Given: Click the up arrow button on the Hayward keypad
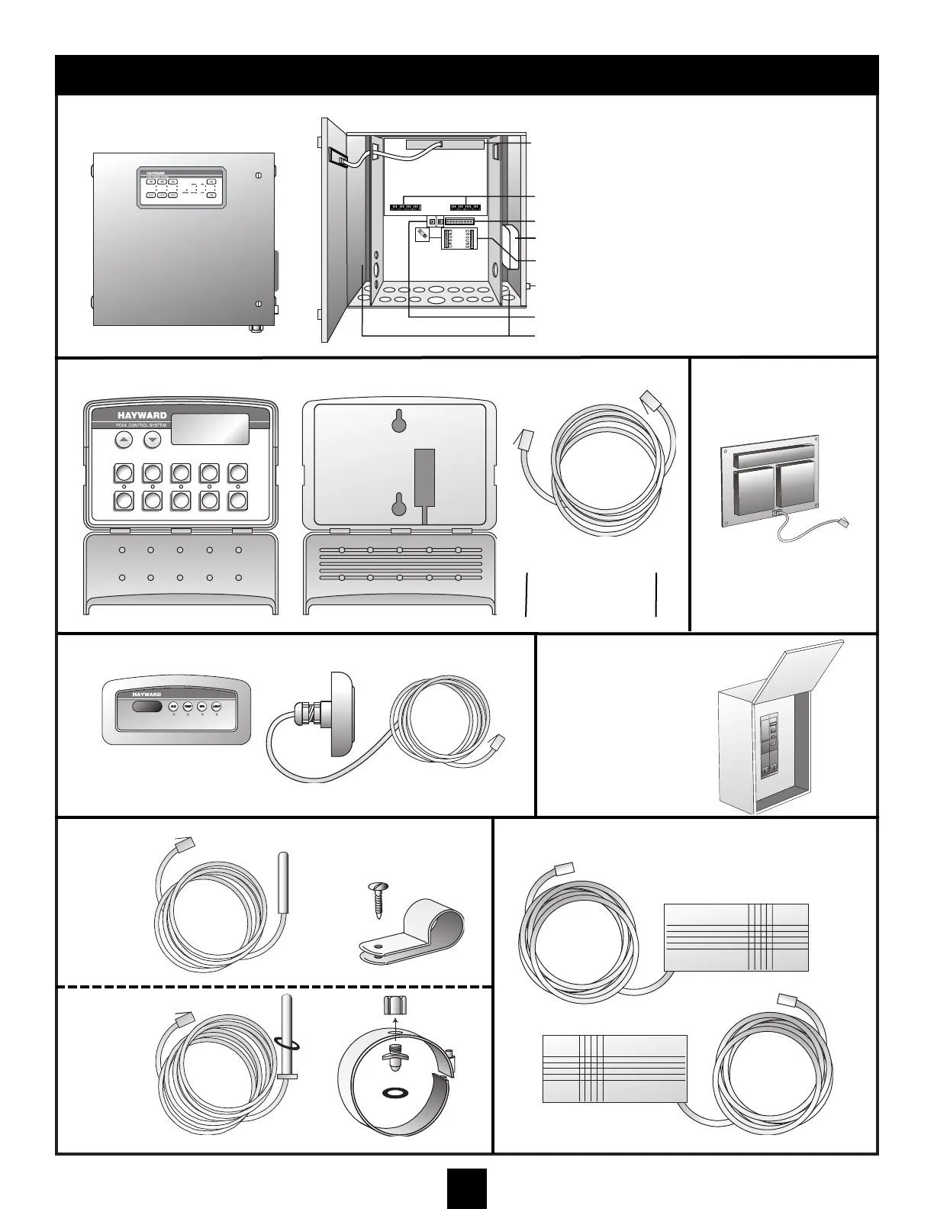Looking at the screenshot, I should (124, 440).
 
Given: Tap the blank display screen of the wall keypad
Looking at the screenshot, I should (210, 430).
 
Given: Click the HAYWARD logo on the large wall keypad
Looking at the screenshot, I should (142, 416).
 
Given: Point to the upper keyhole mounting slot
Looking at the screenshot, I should (398, 420).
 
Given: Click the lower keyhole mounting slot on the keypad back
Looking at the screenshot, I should (398, 505).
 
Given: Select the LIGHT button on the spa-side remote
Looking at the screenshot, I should (216, 707).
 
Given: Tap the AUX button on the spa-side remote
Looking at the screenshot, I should (173, 707).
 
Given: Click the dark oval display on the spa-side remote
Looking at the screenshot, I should (147, 707).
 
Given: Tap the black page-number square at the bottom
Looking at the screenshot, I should (466, 1188).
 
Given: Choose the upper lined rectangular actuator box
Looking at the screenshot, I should (736, 937).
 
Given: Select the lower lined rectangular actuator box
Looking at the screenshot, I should (614, 1069).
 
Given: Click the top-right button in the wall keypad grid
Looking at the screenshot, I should (238, 472).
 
